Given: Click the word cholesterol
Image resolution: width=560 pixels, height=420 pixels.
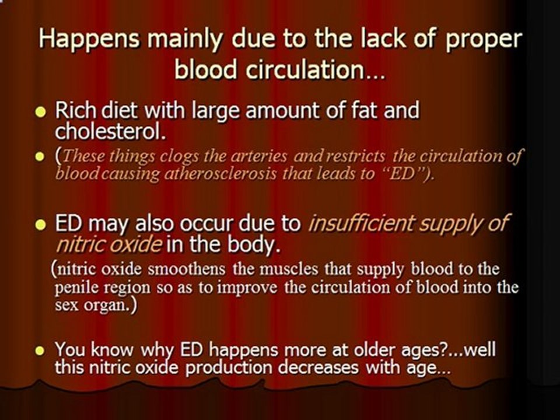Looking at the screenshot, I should click(110, 132).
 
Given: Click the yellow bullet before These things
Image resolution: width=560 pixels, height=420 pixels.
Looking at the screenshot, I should click(40, 156).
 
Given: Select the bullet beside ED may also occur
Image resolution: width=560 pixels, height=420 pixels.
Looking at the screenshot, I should click(40, 225).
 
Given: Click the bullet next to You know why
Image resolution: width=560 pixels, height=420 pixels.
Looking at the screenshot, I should click(40, 351).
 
